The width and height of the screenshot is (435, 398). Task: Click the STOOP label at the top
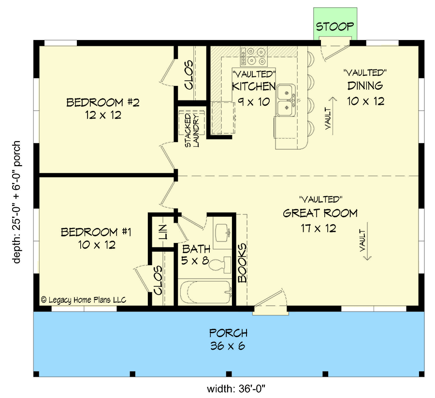335,26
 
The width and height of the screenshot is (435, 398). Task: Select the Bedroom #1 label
96,232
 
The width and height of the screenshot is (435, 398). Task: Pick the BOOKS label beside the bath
242,263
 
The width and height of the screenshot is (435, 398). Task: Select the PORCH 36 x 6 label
228,339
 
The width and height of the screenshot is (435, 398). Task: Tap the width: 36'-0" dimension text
231,388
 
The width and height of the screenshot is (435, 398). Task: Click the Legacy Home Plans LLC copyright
84,300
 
